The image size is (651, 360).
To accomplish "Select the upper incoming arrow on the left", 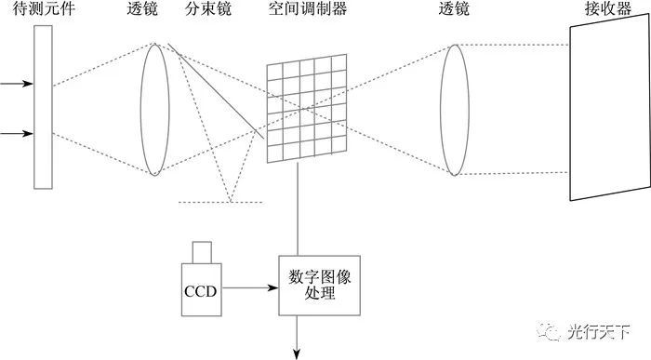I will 16,84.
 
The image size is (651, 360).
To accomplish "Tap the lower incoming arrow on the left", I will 16,133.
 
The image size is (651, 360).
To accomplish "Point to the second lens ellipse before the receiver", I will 454,109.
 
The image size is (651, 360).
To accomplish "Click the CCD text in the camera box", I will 200,290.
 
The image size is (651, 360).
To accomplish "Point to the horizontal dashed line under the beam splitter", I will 219,203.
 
